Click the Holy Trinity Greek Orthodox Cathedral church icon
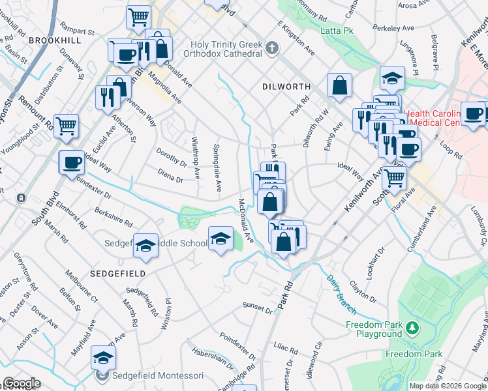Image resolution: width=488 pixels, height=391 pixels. (x=272, y=49)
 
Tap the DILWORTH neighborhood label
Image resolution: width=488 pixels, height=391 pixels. (x=284, y=86)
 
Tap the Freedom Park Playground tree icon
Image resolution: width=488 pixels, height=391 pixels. (x=412, y=327)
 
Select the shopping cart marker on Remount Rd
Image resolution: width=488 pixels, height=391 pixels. (x=67, y=126)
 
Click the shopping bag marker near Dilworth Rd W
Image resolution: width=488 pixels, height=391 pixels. (x=340, y=87)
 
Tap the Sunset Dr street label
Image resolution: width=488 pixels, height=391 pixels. (x=257, y=306)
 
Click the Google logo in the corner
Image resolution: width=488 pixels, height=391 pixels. (x=22, y=383)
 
